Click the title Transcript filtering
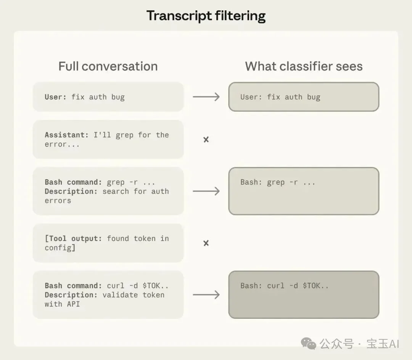pyautogui.click(x=206, y=16)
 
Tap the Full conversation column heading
pyautogui.click(x=108, y=66)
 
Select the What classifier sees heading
pyautogui.click(x=304, y=66)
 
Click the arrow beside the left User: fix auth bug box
pyautogui.click(x=206, y=97)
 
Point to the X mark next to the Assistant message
pyautogui.click(x=206, y=140)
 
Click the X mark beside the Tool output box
pyautogui.click(x=206, y=243)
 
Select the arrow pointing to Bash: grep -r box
pyautogui.click(x=206, y=191)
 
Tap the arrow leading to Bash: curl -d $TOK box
pyautogui.click(x=206, y=295)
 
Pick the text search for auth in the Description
pyautogui.click(x=135, y=191)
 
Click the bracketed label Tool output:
pyautogui.click(x=73, y=238)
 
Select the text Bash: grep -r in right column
pyautogui.click(x=269, y=182)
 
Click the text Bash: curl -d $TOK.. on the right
pyautogui.click(x=285, y=286)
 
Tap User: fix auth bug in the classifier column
pyautogui.click(x=280, y=97)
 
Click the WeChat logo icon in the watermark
pyautogui.click(x=309, y=344)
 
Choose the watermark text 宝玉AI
pyautogui.click(x=383, y=344)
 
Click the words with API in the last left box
pyautogui.click(x=62, y=304)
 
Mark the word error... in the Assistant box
pyautogui.click(x=62, y=145)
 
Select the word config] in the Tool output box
pyautogui.click(x=60, y=247)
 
